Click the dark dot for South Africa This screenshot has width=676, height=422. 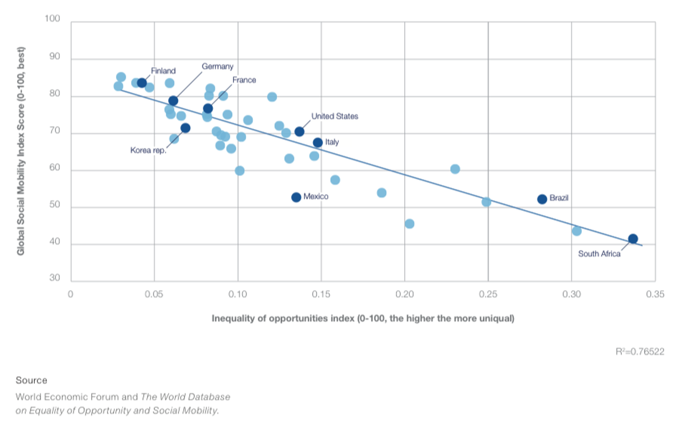pos(633,239)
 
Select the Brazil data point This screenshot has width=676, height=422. pos(542,199)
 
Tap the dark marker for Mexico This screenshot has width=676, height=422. pos(296,197)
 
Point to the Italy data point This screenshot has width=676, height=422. pos(318,142)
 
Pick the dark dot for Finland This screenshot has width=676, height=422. pos(142,83)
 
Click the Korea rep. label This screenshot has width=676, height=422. pos(148,150)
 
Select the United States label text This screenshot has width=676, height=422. pos(335,116)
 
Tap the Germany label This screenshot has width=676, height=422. pos(218,66)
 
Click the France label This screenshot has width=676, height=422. pos(244,80)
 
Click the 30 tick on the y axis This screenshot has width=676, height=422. pos(55,279)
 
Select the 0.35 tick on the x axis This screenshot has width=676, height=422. pos(655,294)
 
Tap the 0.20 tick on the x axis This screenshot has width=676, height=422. pos(404,294)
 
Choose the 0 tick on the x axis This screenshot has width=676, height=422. pos(70,294)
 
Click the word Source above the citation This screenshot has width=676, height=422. pos(31,380)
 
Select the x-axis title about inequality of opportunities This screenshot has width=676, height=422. pos(363,319)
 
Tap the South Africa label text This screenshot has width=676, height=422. pos(599,254)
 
